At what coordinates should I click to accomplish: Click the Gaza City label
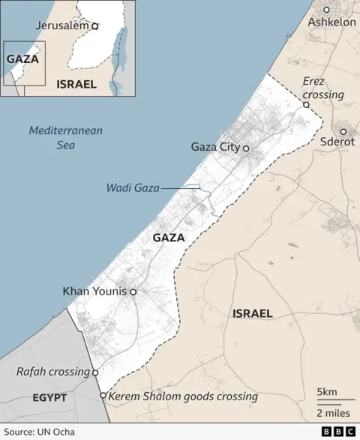[x=215, y=147]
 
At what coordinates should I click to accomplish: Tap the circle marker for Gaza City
[x=245, y=148]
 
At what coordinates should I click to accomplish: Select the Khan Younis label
[x=94, y=291]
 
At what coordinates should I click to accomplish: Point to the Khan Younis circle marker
[x=133, y=292]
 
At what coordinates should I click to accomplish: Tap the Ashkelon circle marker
[x=326, y=10]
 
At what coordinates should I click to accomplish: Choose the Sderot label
[x=337, y=141]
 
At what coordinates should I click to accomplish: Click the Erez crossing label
[x=322, y=88]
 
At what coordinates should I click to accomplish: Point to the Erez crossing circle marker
[x=306, y=105]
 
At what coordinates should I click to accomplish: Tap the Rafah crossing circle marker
[x=95, y=373]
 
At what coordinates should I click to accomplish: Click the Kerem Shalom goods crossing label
[x=183, y=397]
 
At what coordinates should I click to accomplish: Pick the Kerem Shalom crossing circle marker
[x=103, y=396]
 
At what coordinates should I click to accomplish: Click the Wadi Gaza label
[x=133, y=187]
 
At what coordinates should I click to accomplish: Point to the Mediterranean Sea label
[x=66, y=137]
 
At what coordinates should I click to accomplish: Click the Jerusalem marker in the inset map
[x=94, y=25]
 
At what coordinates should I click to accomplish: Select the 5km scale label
[x=327, y=392]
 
